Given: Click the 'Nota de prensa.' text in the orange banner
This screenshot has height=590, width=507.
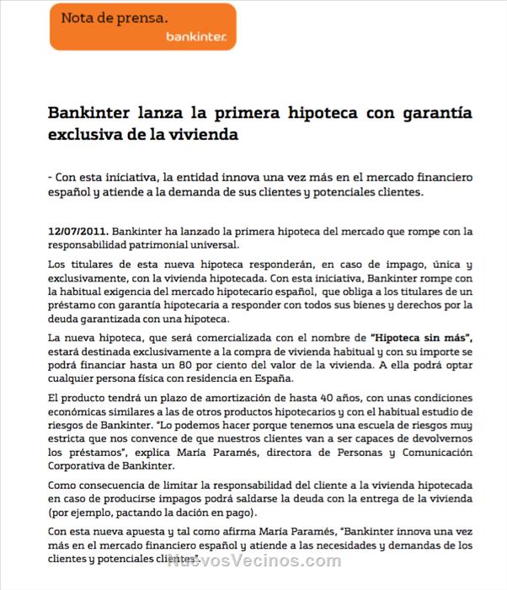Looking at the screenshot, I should (113, 16).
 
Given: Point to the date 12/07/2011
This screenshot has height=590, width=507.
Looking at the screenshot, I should (77, 231).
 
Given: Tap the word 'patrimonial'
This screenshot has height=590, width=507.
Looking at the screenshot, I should (152, 245).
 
